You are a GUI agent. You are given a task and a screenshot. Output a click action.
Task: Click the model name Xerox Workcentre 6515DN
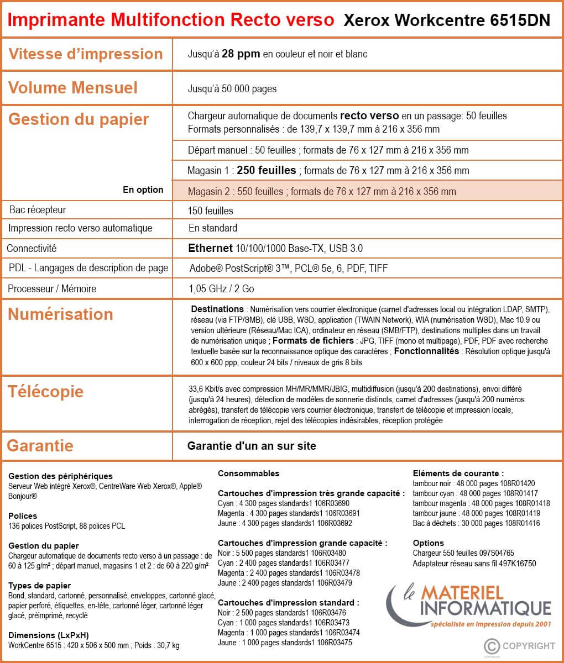pyautogui.click(x=447, y=20)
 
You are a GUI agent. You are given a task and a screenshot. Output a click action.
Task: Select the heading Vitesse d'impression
pyautogui.click(x=86, y=54)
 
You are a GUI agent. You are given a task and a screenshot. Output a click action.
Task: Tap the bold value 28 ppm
pyautogui.click(x=241, y=54)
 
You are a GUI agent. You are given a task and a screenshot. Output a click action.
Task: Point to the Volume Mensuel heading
pyautogui.click(x=73, y=88)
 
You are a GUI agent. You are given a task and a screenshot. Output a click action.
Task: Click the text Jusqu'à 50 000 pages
pyautogui.click(x=232, y=89)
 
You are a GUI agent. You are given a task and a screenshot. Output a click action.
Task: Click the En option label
pyautogui.click(x=143, y=190)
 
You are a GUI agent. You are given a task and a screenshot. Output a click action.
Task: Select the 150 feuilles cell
pyautogui.click(x=211, y=211)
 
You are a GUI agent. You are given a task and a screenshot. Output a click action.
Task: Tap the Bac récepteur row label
pyautogui.click(x=38, y=210)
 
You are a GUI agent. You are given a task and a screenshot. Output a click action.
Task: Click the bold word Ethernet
pyautogui.click(x=210, y=248)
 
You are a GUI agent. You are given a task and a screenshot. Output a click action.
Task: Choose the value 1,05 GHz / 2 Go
pyautogui.click(x=221, y=289)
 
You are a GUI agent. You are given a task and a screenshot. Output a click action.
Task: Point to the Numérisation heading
pyautogui.click(x=60, y=314)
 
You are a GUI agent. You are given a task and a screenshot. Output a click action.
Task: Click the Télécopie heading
pyautogui.click(x=46, y=392)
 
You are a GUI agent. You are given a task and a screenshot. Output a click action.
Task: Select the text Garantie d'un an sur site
pyautogui.click(x=252, y=446)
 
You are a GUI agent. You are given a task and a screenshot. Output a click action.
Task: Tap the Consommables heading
pyautogui.click(x=248, y=473)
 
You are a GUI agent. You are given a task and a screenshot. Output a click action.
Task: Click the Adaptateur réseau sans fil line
pyautogui.click(x=474, y=564)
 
